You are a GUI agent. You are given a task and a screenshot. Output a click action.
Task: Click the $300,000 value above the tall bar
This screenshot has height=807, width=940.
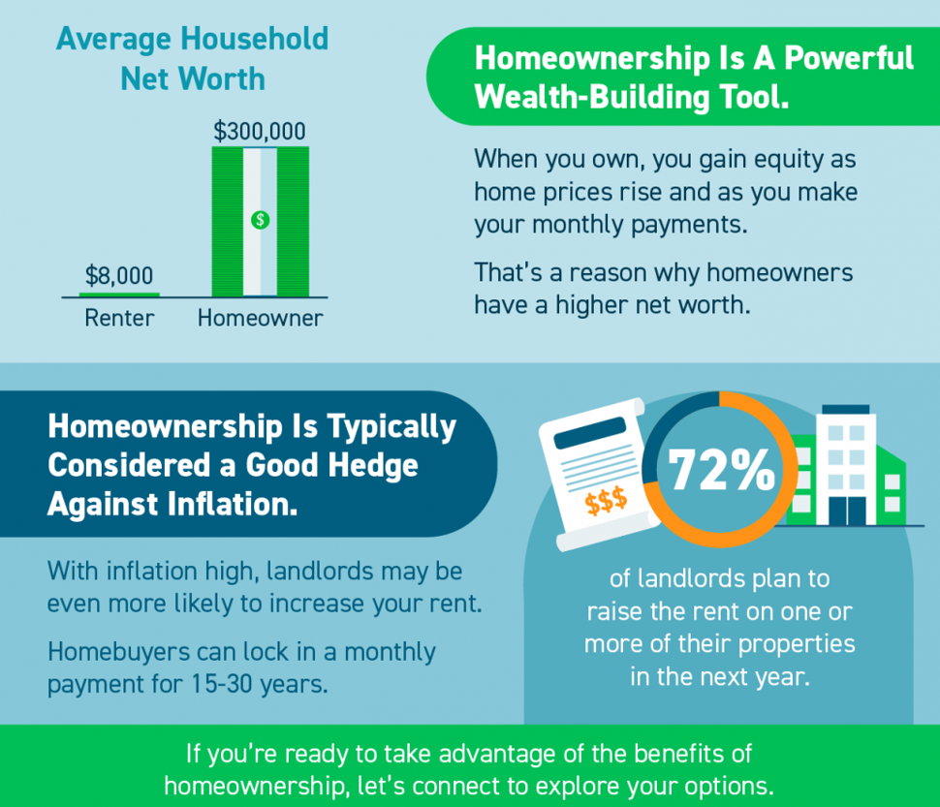260,131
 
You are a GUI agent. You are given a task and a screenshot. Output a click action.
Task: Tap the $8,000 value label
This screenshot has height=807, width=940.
119,275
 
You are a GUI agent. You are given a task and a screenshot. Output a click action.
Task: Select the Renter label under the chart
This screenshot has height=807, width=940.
119,318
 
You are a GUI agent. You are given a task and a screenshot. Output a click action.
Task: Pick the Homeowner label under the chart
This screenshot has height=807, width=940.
260,318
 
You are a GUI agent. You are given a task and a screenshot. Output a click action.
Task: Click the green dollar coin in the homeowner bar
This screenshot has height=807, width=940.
260,220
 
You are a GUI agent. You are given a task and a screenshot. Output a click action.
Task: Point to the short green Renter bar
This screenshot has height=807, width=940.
119,295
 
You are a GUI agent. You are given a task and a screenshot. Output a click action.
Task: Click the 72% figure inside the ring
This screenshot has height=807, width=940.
721,470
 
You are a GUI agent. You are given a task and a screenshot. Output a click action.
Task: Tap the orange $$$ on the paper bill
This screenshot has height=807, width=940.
606,501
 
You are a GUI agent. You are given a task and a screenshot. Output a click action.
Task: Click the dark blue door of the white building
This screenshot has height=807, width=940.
848,512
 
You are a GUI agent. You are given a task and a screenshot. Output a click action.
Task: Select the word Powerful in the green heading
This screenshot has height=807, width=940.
849,58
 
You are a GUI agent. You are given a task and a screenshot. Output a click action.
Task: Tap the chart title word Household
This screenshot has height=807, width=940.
255,39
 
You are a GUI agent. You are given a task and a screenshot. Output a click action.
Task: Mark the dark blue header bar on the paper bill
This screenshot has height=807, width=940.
590,432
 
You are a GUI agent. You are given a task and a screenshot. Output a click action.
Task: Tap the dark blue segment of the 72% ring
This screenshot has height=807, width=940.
666,422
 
